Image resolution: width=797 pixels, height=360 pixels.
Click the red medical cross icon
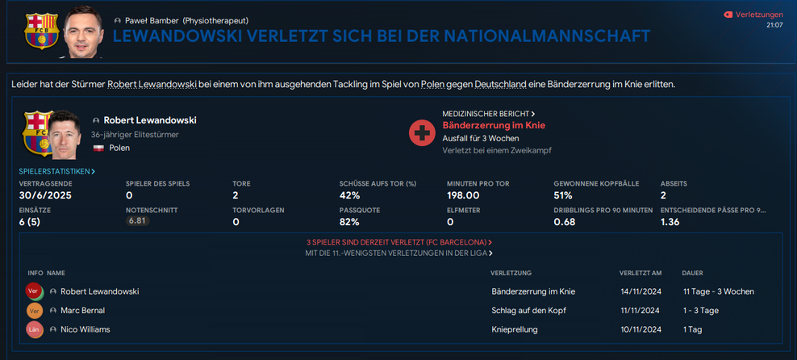point(422,132)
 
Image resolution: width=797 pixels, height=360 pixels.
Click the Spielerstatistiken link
point(56,171)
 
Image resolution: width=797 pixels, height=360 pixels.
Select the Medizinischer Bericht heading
point(488,114)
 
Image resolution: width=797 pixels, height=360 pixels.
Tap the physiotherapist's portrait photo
point(84,32)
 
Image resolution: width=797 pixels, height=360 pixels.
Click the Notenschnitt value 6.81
point(138,221)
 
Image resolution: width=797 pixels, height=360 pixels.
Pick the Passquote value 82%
point(349,222)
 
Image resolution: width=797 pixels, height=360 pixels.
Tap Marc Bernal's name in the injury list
point(82,311)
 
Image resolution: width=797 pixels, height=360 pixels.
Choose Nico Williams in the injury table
point(85,329)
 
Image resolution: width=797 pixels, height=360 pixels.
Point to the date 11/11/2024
point(641,311)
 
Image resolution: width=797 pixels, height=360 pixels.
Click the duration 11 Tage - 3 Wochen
point(718,291)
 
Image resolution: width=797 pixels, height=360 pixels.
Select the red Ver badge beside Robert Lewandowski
point(34,291)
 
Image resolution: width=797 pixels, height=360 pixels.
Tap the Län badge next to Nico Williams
point(34,329)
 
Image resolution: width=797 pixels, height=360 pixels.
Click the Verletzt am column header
point(641,273)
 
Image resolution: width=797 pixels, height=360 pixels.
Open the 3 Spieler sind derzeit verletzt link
point(398,242)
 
